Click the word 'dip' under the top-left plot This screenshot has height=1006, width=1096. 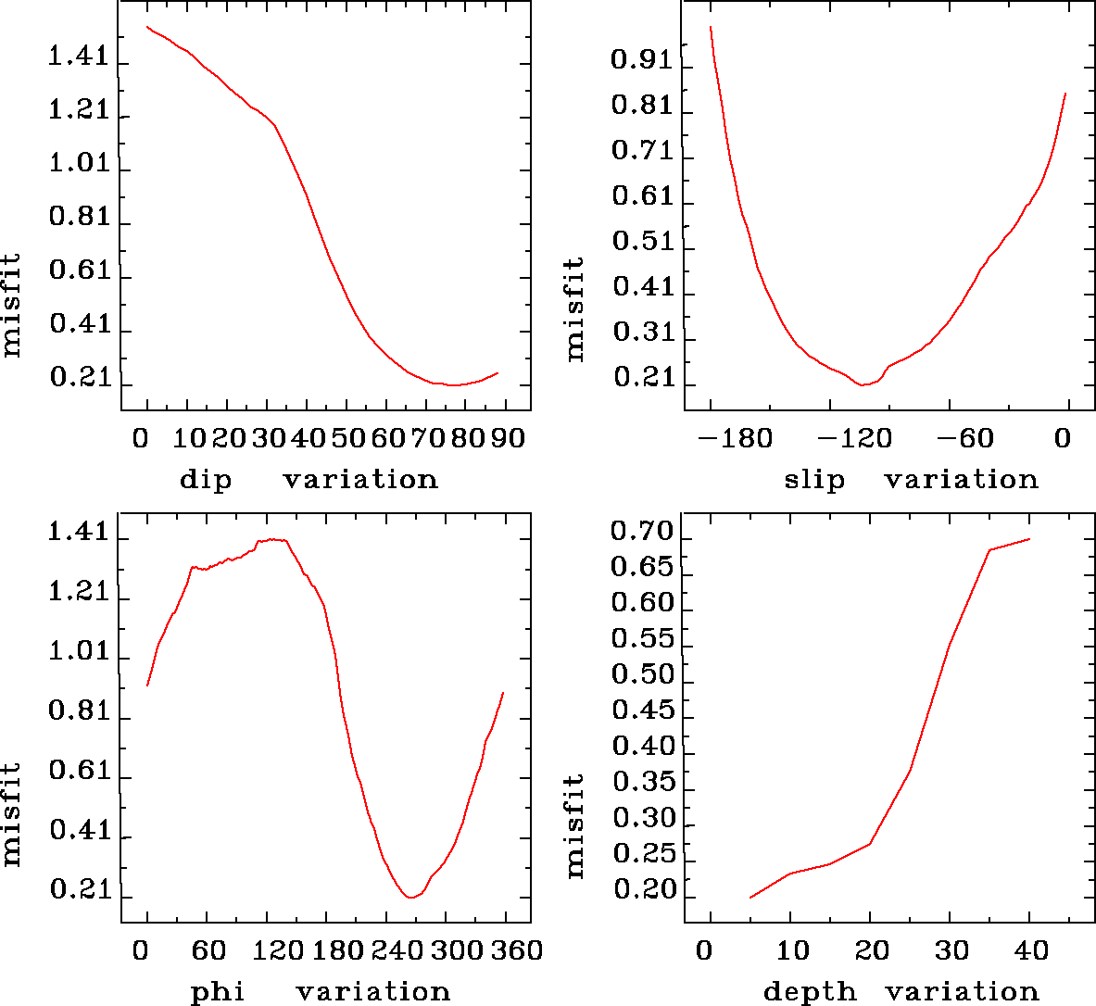205,480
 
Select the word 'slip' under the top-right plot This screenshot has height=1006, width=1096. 814,480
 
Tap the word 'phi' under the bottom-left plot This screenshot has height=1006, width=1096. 218,992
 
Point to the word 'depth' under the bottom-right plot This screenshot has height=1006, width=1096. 809,992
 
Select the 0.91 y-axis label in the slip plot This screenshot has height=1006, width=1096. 641,61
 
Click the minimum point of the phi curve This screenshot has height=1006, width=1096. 409,898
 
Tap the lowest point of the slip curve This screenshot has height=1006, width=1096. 862,384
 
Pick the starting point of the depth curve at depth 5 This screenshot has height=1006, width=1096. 750,898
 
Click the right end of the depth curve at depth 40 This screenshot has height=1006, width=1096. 1029,538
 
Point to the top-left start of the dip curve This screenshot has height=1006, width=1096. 147,26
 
